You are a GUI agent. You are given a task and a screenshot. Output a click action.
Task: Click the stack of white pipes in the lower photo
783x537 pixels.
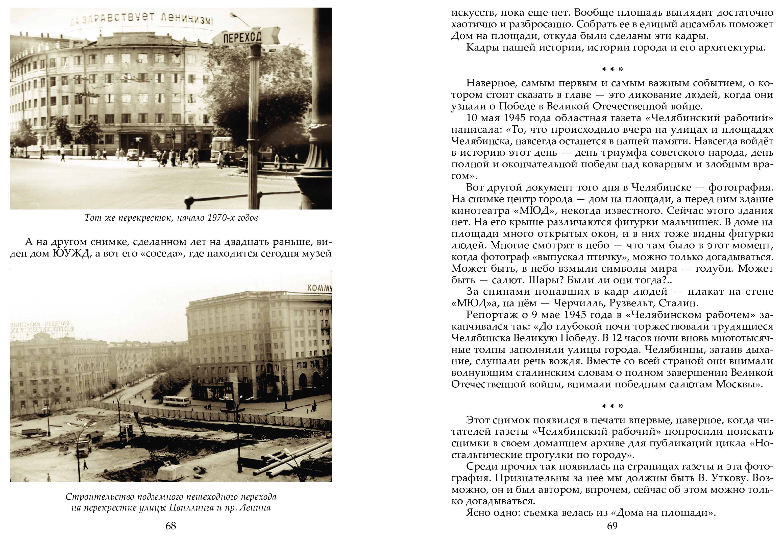pyautogui.click(x=297, y=458)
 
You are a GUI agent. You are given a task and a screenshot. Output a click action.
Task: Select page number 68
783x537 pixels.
pyautogui.click(x=171, y=526)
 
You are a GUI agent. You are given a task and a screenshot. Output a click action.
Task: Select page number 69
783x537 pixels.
pyautogui.click(x=612, y=526)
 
